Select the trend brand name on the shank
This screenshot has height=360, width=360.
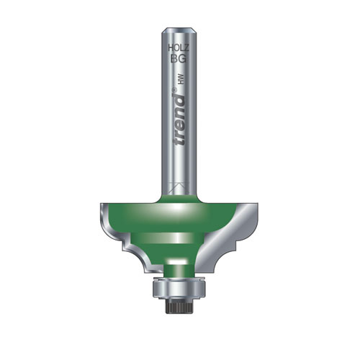click(180, 114)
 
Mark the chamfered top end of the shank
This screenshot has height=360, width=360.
click(179, 30)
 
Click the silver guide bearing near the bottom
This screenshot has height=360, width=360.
click(179, 290)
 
